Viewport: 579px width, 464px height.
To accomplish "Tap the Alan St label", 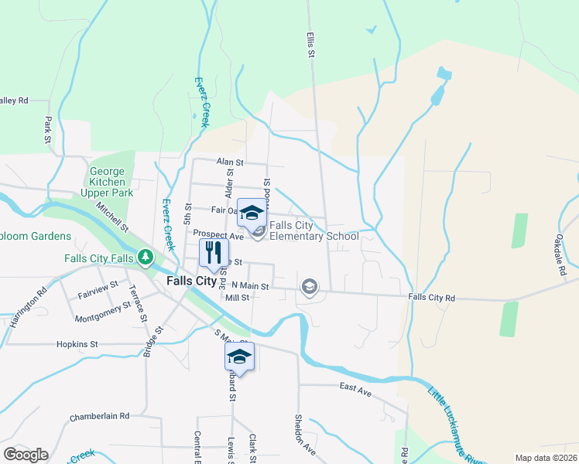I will pos(230,162).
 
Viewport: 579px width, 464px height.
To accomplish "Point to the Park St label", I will pos(48,130).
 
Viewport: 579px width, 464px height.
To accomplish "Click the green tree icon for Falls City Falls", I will pos(144,257).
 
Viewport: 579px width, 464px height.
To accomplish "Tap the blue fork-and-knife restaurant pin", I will pos(213,251).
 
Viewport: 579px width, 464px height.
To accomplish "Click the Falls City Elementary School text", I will pos(313,230).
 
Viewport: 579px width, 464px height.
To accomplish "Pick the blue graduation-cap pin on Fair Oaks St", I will pos(251,211).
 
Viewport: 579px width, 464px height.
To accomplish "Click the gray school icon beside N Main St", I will pos(310,287).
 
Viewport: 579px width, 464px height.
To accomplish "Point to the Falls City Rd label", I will pos(431,297).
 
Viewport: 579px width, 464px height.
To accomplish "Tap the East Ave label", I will pos(355,392).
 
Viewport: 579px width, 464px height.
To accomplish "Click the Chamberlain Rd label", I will pos(99,415).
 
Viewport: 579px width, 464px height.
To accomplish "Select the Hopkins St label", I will pos(77,344).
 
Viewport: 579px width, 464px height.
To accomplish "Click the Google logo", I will pos(26,454).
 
